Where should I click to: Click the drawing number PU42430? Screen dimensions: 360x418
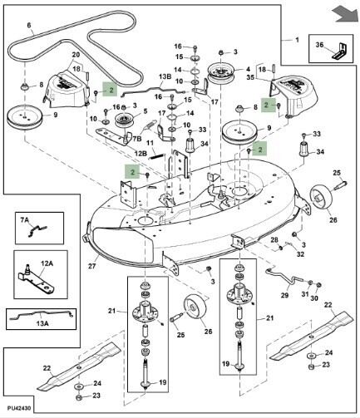point(19,408)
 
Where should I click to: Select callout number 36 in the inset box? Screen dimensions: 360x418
point(319,45)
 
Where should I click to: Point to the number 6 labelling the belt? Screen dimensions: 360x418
point(29,25)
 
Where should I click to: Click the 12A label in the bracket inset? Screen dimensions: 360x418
point(47,263)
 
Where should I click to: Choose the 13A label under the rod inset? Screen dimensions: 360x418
point(42,323)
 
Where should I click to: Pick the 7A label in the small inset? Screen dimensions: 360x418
point(25,220)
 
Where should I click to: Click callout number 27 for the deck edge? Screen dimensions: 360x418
point(91,266)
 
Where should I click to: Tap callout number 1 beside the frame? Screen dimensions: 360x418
point(297,40)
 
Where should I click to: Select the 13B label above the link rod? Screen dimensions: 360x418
point(165,76)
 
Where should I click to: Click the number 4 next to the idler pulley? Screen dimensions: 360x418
point(248,69)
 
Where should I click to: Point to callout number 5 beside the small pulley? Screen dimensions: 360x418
point(145,111)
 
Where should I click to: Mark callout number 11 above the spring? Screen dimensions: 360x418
point(150,143)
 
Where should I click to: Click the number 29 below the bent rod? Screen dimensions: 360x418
point(284,295)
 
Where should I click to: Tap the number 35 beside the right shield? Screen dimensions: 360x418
point(250,77)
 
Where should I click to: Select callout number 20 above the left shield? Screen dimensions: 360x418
point(76,55)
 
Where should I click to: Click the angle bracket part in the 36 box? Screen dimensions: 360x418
point(339,52)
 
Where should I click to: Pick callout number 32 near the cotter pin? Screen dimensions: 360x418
point(300,254)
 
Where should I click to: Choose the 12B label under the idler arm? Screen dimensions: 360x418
point(141,153)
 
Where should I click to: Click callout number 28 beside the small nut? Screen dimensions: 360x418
point(274,239)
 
